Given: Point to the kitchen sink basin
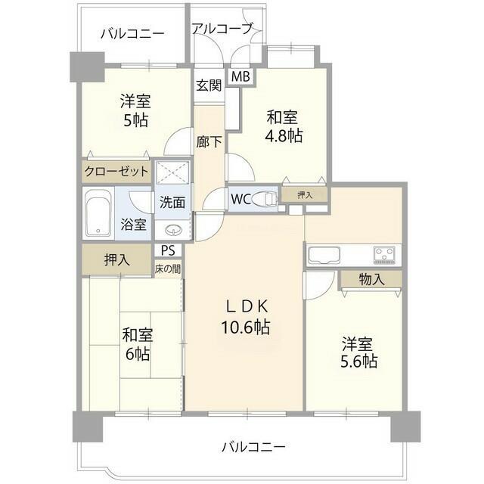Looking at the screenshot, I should tap(323, 256).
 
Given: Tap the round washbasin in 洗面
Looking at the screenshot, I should tap(173, 231).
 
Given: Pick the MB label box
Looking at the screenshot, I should tap(240, 76).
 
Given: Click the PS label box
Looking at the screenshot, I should tap(168, 251).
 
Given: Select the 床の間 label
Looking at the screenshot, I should tap(168, 268).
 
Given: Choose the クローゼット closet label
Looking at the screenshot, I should tap(117, 172).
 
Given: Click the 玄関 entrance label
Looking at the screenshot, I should tap(209, 85).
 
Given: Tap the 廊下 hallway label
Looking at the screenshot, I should tap(209, 141).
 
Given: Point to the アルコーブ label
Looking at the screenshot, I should tap(221, 29).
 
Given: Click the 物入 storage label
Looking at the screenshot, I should tap(371, 278).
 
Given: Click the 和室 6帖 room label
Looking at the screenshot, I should tap(136, 344).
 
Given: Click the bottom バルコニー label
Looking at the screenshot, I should tap(253, 446).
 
